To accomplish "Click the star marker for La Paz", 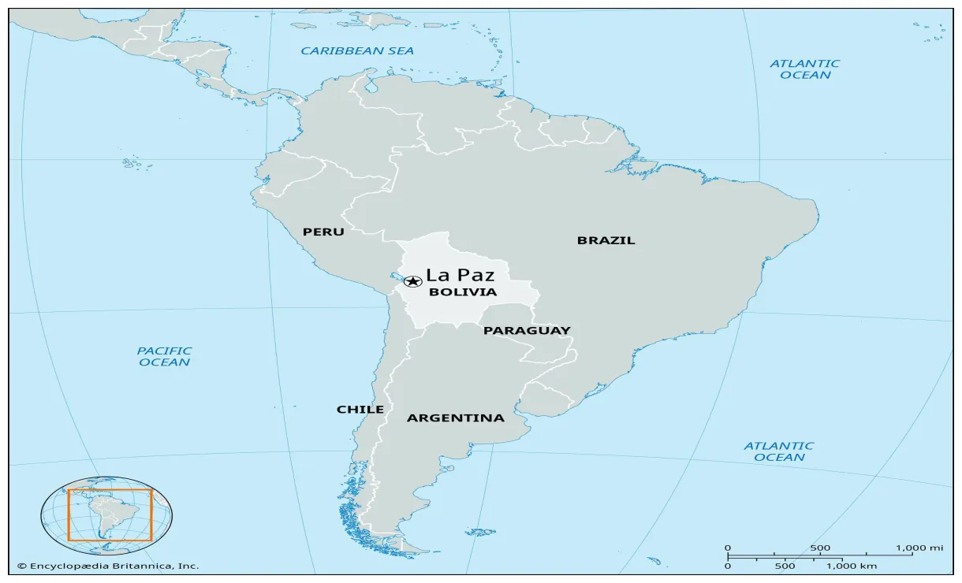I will pos(412,281).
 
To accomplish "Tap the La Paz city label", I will pos(460,276).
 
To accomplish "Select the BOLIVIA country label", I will pos(463,292).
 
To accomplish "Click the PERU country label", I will pos(323,232).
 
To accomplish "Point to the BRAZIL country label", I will pos(606,240).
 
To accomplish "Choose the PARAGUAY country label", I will pos(527,331).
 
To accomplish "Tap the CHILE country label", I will pos(360,410).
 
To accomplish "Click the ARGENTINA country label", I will pos(455,418).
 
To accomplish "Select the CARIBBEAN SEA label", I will pos(357,51).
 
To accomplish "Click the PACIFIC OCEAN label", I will pos(165,357).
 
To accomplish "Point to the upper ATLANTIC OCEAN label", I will pos(805,69).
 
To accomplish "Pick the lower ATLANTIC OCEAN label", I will pos(779,451).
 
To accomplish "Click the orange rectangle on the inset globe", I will pos(110,490).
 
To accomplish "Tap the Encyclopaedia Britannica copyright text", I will pos(108,566).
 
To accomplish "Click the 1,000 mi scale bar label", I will pos(920,548).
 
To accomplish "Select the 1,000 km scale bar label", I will pos(851,566).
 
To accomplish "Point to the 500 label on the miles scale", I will pos(820,548).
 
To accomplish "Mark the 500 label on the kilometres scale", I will pos(785,566).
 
